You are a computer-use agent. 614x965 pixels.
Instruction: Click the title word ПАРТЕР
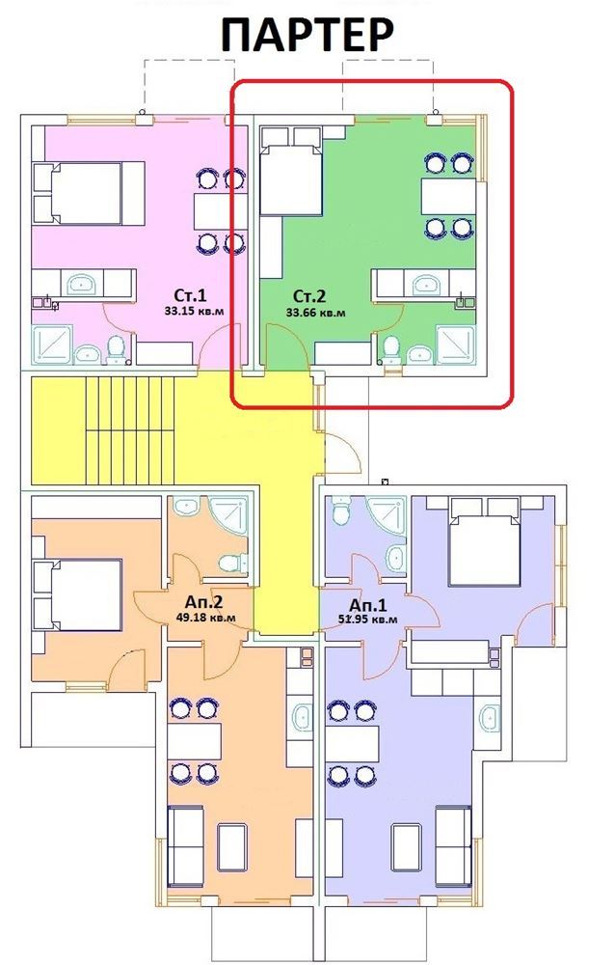pos(307,34)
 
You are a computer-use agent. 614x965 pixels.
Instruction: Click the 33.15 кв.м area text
pos(193,312)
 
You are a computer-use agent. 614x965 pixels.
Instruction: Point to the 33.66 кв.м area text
pos(315,313)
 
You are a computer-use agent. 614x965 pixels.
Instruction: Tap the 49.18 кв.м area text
pos(205,618)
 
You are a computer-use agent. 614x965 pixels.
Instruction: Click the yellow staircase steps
pos(130,430)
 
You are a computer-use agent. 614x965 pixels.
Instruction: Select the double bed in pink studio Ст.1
pos(89,193)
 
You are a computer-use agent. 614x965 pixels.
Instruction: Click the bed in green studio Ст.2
pos(291,171)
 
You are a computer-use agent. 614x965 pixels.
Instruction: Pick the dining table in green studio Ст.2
pos(448,196)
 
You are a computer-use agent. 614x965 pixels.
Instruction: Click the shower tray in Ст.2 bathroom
pos(455,345)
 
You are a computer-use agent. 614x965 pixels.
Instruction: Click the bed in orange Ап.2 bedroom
pos(78,594)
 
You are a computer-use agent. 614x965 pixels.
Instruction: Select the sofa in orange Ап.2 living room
pos(185,846)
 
